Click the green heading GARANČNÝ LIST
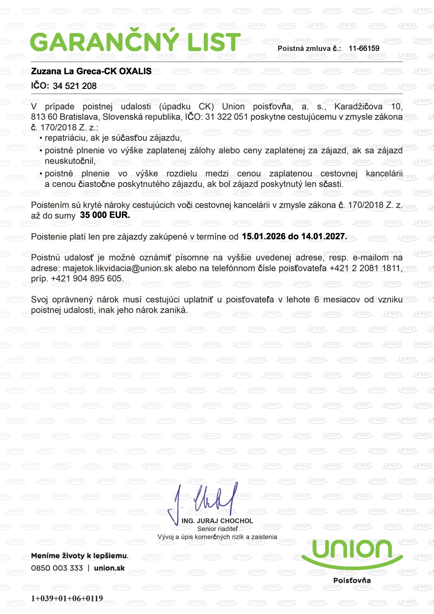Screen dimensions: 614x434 tap(135, 42)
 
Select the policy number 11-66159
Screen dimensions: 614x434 tap(364, 48)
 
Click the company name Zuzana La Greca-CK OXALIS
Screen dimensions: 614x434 tap(91, 71)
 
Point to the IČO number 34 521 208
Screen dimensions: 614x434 tap(75, 86)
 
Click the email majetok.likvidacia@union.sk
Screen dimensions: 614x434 tap(118, 268)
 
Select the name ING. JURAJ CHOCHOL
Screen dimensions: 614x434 tap(217, 521)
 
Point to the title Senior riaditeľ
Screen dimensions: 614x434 tap(217, 529)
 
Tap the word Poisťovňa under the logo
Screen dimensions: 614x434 tap(352, 580)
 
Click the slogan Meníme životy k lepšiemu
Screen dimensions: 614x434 tap(80, 556)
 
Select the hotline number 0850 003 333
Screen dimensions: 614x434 tap(57, 568)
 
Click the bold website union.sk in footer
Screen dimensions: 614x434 tap(109, 568)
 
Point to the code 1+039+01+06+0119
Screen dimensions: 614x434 tap(67, 598)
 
